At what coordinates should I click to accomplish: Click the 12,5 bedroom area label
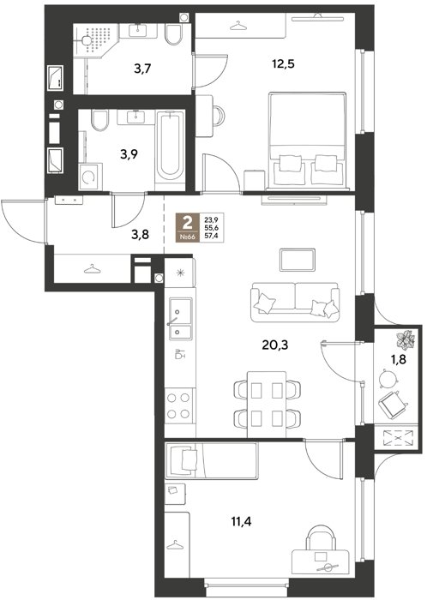[283, 64]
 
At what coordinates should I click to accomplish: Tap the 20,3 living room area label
[275, 345]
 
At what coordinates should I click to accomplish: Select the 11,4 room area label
[242, 521]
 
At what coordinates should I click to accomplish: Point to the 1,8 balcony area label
[398, 359]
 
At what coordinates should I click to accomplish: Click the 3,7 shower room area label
[142, 69]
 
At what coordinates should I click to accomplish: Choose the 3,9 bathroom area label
[129, 154]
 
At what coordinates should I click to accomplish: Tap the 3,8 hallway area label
[140, 235]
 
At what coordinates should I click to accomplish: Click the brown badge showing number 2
[188, 228]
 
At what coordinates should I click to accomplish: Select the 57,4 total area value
[211, 237]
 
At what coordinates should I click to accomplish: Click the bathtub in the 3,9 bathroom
[170, 150]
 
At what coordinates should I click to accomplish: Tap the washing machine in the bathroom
[90, 177]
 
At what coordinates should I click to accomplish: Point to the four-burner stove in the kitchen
[179, 405]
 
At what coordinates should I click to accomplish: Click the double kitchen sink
[180, 318]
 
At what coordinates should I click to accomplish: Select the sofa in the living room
[295, 303]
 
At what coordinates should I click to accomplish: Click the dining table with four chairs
[267, 404]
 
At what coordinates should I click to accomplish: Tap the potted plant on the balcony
[405, 339]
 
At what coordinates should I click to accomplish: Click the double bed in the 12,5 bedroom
[307, 140]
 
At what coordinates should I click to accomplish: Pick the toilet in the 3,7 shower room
[174, 34]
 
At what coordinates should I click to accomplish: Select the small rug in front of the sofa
[298, 260]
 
